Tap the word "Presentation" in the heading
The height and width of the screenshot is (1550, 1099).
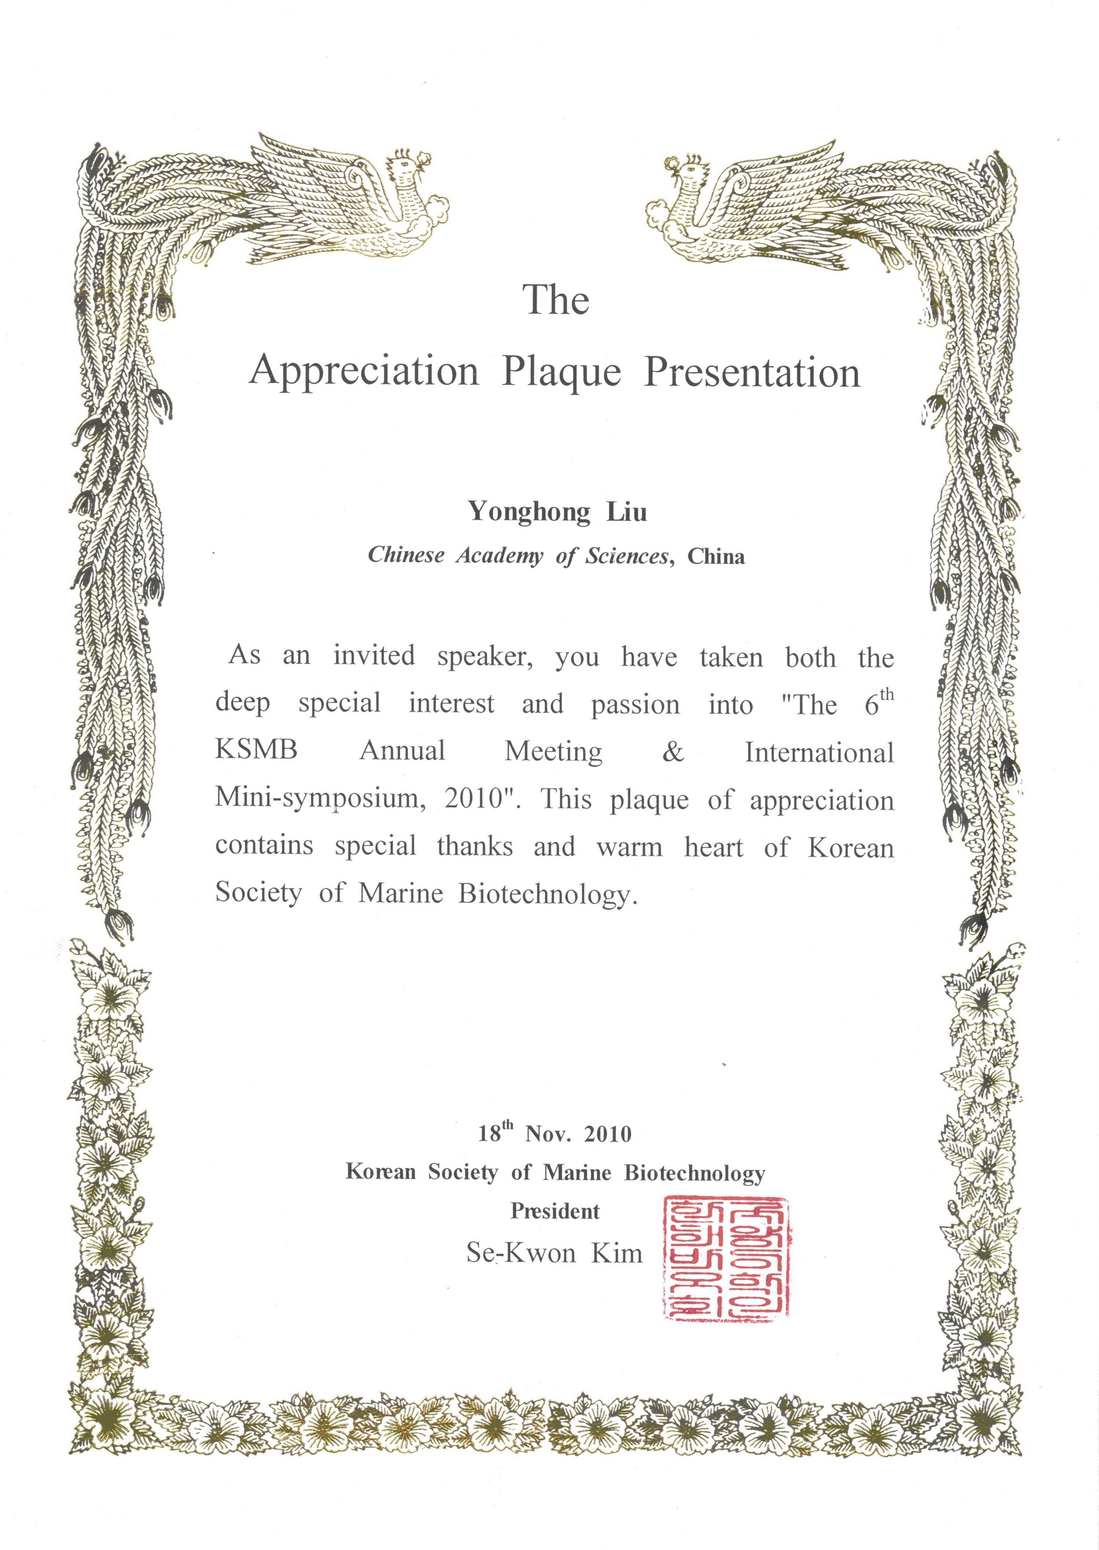pyautogui.click(x=752, y=372)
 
